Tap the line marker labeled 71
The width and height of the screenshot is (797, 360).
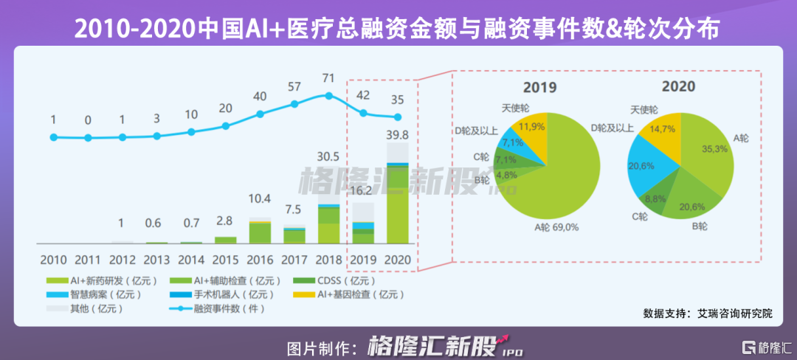[x=329, y=95]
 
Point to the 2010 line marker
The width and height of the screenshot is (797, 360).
[x=53, y=136]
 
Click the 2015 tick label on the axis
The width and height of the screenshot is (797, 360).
[x=225, y=260]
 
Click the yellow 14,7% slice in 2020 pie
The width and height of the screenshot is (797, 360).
[x=659, y=130]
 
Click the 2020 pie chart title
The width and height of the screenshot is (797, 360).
[x=678, y=86]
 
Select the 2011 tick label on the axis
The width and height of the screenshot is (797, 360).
[x=87, y=260]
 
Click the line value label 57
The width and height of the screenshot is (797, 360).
[x=294, y=87]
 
